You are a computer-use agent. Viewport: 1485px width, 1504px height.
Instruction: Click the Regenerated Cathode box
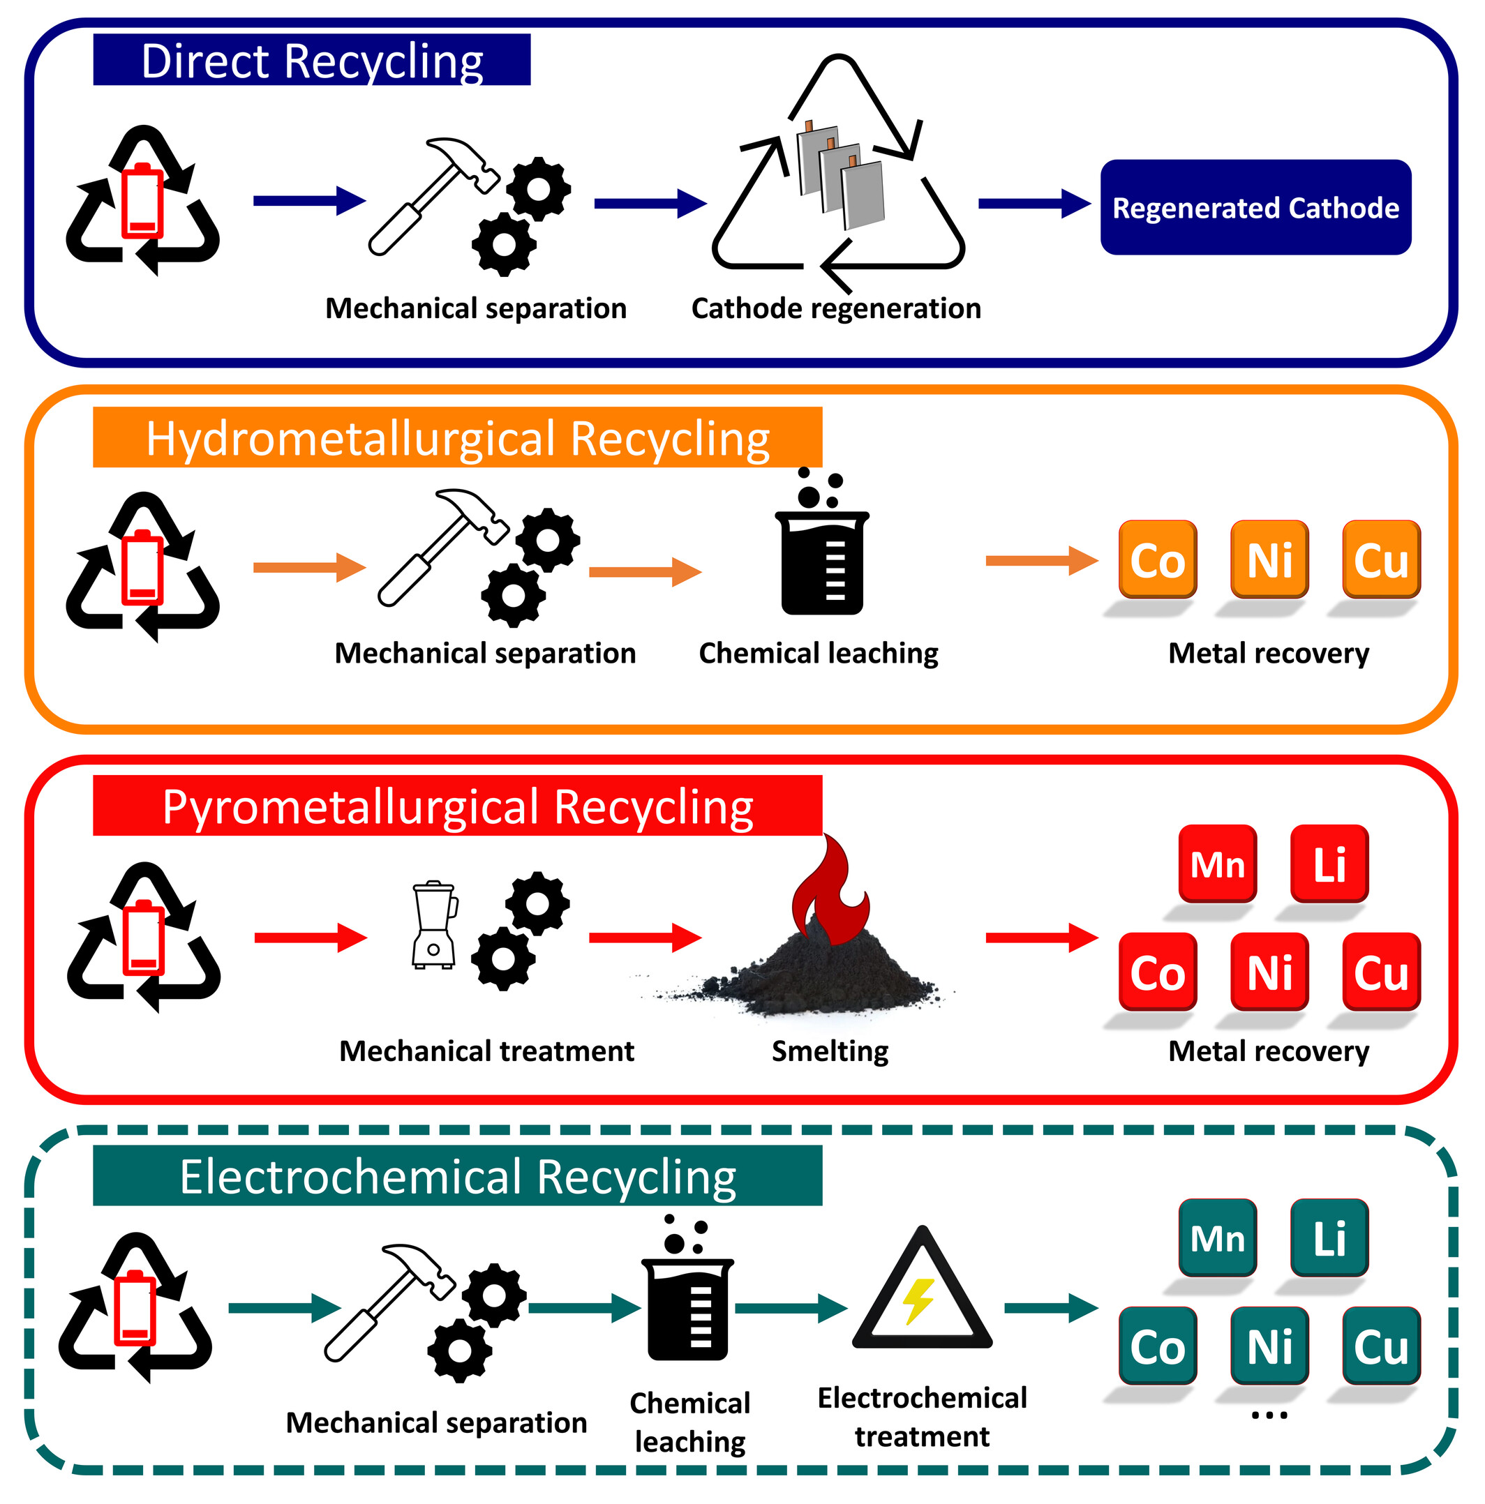point(1255,207)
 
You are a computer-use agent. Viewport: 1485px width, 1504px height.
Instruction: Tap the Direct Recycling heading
point(311,60)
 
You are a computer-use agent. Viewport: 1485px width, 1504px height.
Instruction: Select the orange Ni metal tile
point(1269,559)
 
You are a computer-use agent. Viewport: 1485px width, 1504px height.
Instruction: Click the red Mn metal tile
point(1217,864)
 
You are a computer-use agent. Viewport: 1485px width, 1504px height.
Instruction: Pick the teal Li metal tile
point(1329,1237)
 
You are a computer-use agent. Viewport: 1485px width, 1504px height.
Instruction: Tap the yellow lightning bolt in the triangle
point(918,1302)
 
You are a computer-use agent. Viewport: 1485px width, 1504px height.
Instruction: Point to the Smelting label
point(830,1051)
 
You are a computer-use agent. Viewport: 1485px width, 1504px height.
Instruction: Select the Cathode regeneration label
point(835,308)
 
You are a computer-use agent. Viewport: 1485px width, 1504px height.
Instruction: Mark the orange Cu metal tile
point(1380,559)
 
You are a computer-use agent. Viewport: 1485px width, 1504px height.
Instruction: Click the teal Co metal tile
point(1157,1346)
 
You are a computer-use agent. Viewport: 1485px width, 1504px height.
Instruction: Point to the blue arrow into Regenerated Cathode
point(1034,204)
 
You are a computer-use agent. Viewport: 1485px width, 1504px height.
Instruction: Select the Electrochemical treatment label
point(922,1417)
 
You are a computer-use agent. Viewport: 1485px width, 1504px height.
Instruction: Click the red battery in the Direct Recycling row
point(142,201)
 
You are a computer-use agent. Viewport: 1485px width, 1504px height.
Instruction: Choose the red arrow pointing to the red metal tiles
point(1042,938)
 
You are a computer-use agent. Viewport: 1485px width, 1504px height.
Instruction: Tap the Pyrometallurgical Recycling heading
point(457,806)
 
